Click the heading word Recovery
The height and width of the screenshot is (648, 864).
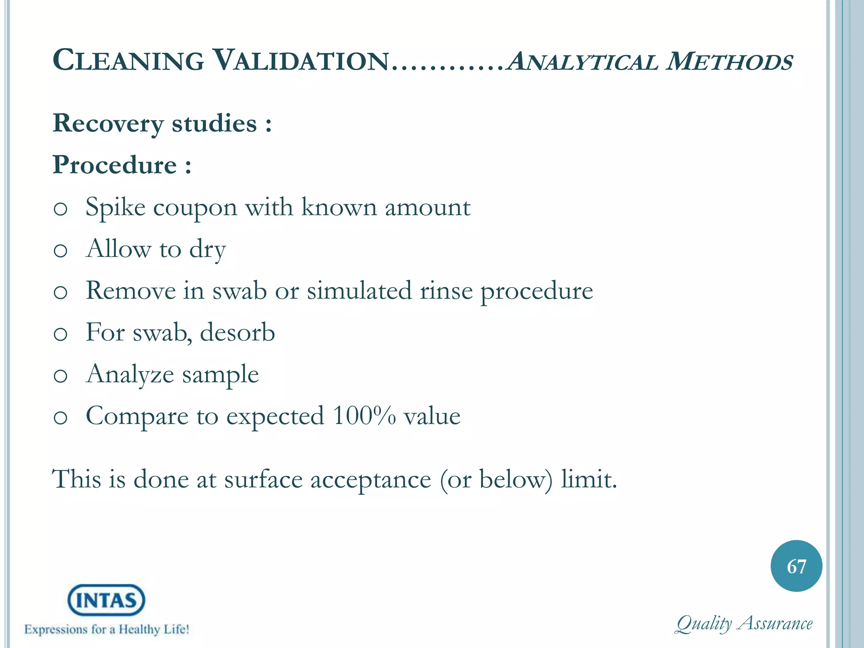pyautogui.click(x=108, y=124)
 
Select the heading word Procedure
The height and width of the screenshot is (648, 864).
pyautogui.click(x=114, y=165)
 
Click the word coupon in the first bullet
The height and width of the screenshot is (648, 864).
pyautogui.click(x=195, y=208)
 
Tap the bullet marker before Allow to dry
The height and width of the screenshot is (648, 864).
pyautogui.click(x=60, y=251)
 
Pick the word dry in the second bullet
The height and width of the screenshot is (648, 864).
pyautogui.click(x=207, y=249)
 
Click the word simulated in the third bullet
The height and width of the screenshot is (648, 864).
pyautogui.click(x=359, y=291)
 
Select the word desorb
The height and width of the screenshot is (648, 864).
pyautogui.click(x=237, y=332)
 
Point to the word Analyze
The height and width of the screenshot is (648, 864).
pyautogui.click(x=130, y=375)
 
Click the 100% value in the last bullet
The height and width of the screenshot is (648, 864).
pyautogui.click(x=364, y=416)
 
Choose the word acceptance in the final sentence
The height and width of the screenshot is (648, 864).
pyautogui.click(x=371, y=480)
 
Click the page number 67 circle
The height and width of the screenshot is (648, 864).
pyautogui.click(x=796, y=566)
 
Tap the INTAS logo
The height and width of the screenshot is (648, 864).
pyautogui.click(x=106, y=600)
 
